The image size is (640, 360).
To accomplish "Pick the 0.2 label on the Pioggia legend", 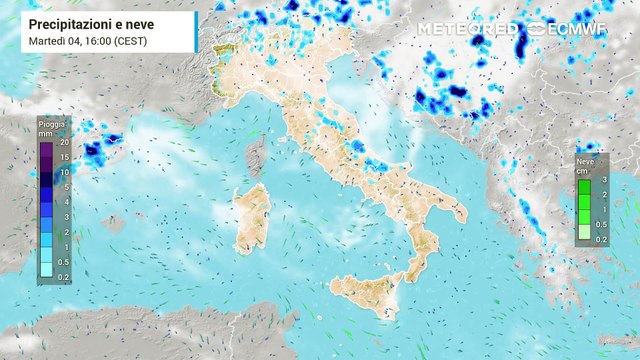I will pos(63,276).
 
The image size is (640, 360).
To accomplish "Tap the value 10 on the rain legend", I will pos(63,172).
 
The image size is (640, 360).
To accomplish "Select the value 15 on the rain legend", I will pos(63,157).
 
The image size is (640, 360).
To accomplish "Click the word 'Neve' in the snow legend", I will pos(585,160).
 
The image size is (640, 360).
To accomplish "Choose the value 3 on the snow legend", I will pos(603,179).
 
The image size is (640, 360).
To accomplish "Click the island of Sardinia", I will pos(252,217).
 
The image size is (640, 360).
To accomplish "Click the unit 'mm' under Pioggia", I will pos(46,133).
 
